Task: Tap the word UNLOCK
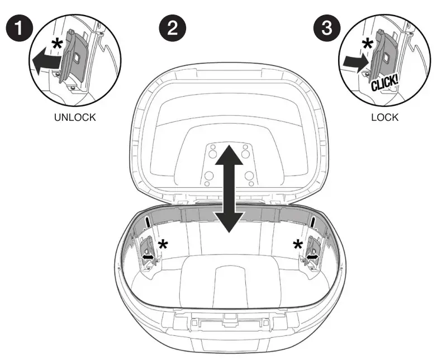pyautogui.click(x=75, y=118)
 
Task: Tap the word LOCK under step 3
pyautogui.click(x=384, y=118)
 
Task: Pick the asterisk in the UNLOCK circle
pyautogui.click(x=56, y=45)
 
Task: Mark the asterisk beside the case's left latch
pyautogui.click(x=163, y=244)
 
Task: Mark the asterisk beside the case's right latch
pyautogui.click(x=298, y=244)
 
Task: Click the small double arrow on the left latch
pyautogui.click(x=149, y=255)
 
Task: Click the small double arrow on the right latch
pyautogui.click(x=311, y=255)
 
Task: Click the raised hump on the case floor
pyautogui.click(x=230, y=277)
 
